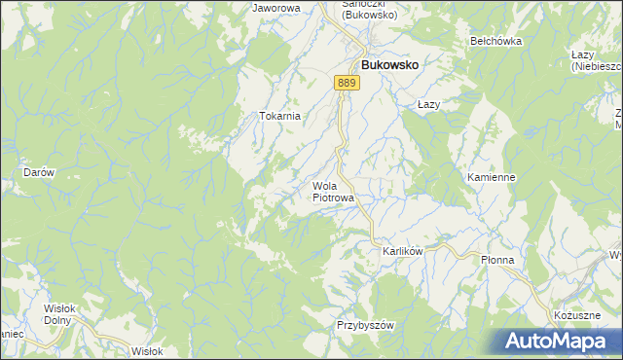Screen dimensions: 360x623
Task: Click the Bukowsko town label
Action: pos(390,64)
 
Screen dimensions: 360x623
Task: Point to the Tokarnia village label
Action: pos(279,116)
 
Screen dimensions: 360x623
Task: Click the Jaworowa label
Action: pos(275,8)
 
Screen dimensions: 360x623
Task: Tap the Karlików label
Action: pos(401,250)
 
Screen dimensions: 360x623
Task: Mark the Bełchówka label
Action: pos(496,41)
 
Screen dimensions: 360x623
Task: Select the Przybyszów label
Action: pos(363,325)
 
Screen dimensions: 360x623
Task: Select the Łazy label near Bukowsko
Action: pos(430,104)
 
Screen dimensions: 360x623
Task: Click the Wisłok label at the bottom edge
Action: pos(147,351)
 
